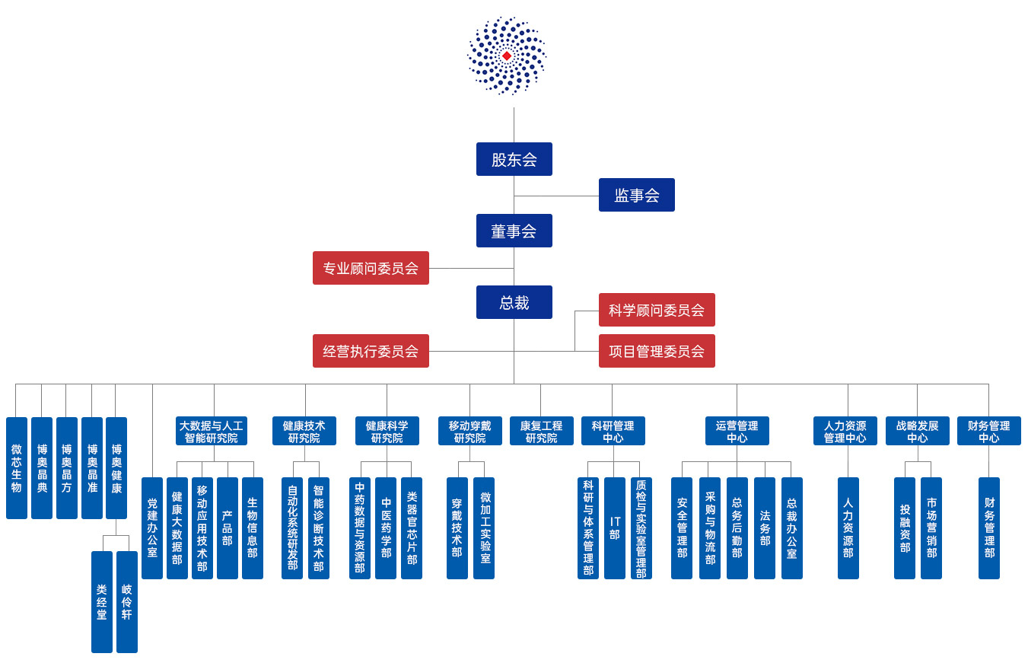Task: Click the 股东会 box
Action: pos(514,159)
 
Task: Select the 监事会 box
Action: pos(636,195)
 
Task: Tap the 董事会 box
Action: pos(514,231)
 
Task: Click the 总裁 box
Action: pos(514,302)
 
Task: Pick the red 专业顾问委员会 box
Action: pos(371,268)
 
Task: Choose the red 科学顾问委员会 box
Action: pos(656,310)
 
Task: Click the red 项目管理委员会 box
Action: pos(656,351)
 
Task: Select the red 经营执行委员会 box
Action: pos(371,351)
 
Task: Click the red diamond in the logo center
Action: pos(507,56)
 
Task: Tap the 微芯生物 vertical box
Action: pos(17,468)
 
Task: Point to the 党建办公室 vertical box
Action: pos(152,528)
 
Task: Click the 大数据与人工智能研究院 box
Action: pos(211,432)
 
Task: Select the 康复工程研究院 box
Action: pos(541,432)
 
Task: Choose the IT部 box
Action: pos(614,528)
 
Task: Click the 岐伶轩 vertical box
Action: pos(126,601)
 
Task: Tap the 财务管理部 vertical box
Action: pos(988,528)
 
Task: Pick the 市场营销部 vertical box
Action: pos(931,528)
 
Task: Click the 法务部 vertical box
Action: pos(764,528)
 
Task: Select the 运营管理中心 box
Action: pos(737,432)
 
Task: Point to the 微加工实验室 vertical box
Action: pos(484,528)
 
